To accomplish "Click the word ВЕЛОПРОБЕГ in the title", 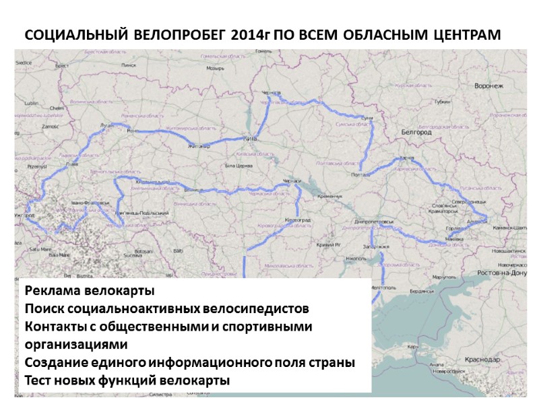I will (x=181, y=34).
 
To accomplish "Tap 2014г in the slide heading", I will (x=249, y=34).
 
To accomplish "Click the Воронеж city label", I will (x=488, y=87).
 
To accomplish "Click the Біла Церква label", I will (x=237, y=164).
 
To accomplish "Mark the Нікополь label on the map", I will (x=355, y=258).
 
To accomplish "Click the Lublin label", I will (x=31, y=103).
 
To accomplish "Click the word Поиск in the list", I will (x=44, y=309).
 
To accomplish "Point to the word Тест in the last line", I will (x=38, y=380).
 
